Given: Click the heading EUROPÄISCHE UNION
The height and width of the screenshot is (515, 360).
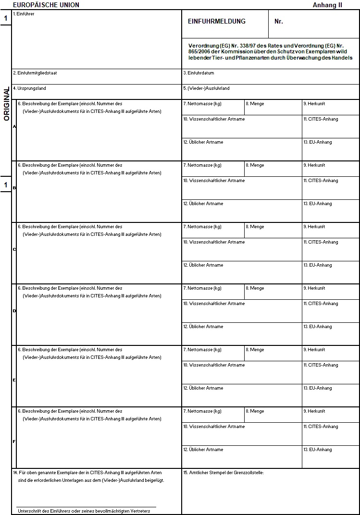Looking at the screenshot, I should click(x=46, y=5).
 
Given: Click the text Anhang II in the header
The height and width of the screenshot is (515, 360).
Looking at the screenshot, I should click(x=327, y=5).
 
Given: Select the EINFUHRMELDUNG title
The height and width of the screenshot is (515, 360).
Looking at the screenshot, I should click(x=216, y=22).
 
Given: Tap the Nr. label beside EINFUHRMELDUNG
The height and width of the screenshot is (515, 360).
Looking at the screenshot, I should click(x=279, y=22).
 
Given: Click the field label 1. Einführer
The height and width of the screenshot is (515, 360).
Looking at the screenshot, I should click(x=24, y=14).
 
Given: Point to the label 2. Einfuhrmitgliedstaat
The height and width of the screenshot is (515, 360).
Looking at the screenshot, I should click(x=38, y=73).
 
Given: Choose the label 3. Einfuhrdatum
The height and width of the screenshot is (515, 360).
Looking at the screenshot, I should click(x=199, y=73).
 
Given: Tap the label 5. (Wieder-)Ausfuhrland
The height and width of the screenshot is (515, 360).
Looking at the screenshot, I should click(x=206, y=88).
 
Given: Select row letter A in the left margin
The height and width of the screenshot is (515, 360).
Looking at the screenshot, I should click(x=14, y=126).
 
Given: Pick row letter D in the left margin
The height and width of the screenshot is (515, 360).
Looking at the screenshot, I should click(x=14, y=311).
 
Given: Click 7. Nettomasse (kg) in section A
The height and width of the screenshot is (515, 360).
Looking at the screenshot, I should click(x=202, y=104).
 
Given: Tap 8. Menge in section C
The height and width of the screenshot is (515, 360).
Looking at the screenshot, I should click(x=255, y=227).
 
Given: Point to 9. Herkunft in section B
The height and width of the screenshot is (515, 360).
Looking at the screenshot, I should click(x=314, y=165).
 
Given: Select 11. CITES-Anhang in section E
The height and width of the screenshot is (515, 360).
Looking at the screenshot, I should click(x=321, y=365).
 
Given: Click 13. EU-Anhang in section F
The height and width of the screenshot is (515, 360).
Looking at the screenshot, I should click(x=317, y=450).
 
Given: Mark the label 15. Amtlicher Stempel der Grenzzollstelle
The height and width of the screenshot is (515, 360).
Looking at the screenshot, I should click(x=223, y=473).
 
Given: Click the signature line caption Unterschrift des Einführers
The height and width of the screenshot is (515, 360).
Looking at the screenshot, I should click(x=84, y=511).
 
